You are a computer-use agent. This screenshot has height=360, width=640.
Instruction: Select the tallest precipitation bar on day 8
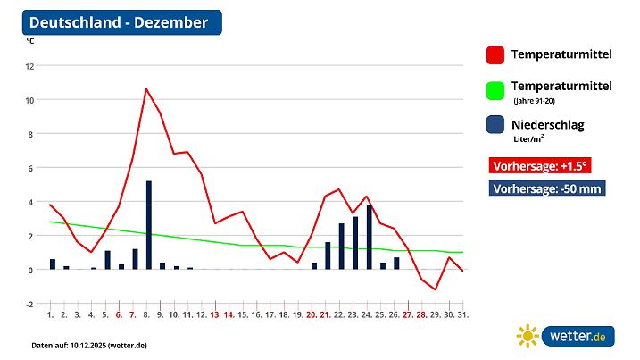coord(148,225)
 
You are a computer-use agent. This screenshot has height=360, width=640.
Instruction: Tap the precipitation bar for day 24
coord(370,237)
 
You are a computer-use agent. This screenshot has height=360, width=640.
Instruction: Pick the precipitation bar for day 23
coord(355,243)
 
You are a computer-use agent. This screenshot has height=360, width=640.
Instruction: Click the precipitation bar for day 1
coord(53,264)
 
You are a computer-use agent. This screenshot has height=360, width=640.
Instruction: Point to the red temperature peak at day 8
coord(146,89)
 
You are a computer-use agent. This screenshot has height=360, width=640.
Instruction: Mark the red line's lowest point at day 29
coord(435,289)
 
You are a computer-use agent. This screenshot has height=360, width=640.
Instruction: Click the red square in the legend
coord(495,55)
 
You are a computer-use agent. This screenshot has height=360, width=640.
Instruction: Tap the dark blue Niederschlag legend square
coord(495,127)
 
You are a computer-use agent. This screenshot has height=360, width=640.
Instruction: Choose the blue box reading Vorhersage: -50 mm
coord(548,188)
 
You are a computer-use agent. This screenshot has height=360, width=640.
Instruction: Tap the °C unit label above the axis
coord(30,41)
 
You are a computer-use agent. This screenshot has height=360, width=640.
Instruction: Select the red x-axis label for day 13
coord(215,315)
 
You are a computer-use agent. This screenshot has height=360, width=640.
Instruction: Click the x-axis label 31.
coord(462,315)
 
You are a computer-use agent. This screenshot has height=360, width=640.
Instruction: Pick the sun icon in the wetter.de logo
coord(528,336)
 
